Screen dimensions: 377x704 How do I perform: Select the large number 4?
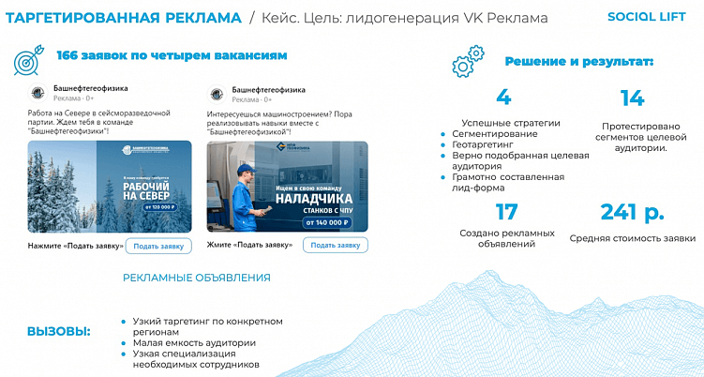(503, 98)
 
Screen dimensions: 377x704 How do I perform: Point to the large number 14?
(632, 98)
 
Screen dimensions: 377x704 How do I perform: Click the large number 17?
(506, 212)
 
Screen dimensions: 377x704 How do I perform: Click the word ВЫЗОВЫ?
(59, 332)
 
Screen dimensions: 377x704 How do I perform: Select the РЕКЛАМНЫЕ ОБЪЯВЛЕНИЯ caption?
(197, 278)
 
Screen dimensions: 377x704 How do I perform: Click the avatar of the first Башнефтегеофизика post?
(37, 93)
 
